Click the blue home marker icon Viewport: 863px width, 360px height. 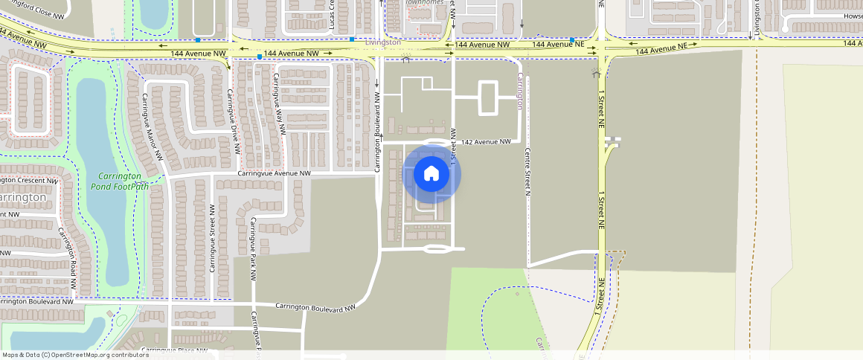point(431,174)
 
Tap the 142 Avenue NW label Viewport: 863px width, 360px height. point(487,141)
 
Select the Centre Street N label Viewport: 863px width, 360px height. point(527,171)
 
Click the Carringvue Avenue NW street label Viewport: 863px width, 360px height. point(274,173)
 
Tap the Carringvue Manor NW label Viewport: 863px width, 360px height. point(145,126)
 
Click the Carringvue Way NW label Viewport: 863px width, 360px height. point(279,103)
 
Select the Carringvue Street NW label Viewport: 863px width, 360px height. point(213,237)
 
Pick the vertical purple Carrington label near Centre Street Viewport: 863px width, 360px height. point(519,91)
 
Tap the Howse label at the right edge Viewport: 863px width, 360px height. point(853,16)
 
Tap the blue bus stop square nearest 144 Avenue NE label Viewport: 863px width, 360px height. point(571,39)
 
